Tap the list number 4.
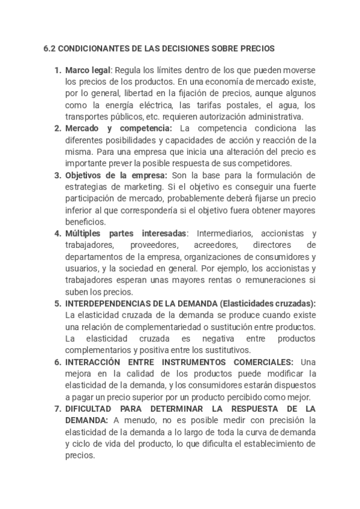(58, 233)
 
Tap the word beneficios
(85, 221)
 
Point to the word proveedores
(155, 245)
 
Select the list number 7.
(58, 408)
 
